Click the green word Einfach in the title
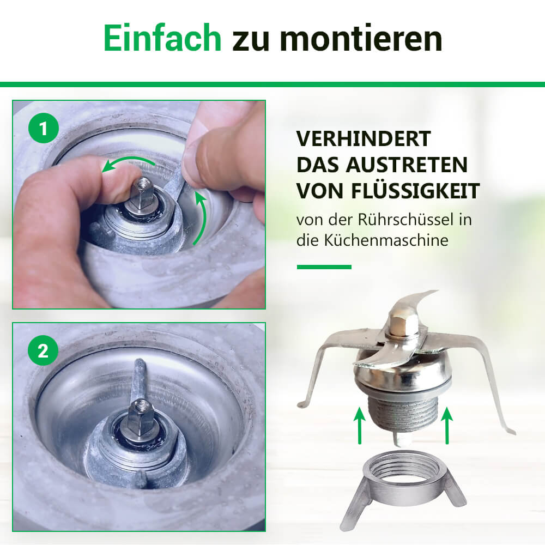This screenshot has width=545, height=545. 162,38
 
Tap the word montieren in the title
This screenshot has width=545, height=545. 361,38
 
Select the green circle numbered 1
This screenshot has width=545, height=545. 44,128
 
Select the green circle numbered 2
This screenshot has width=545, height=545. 43,350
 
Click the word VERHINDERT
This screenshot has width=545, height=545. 364,138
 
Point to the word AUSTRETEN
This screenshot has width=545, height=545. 407,165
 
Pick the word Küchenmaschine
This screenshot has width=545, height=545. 386,240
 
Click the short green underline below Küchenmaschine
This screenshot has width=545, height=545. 324,267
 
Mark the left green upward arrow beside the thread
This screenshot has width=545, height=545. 359,425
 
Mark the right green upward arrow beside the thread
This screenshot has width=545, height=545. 447,425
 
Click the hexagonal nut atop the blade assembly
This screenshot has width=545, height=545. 404,322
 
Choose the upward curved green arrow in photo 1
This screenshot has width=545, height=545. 199,217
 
